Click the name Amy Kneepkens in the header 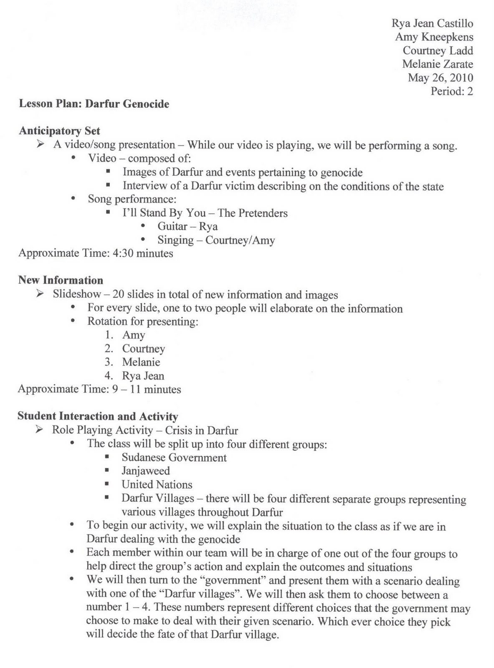click(x=434, y=37)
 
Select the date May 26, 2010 click(x=440, y=78)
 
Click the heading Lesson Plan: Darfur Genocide click(x=94, y=104)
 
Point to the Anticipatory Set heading click(x=59, y=131)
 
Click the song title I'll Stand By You click(x=164, y=213)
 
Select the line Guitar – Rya click(x=187, y=226)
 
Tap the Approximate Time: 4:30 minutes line click(x=96, y=253)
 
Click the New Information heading click(x=61, y=280)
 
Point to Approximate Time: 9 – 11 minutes click(x=99, y=390)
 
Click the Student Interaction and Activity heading click(x=98, y=416)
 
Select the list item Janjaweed click(x=146, y=471)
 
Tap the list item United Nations click(x=157, y=485)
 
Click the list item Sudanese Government click(x=174, y=458)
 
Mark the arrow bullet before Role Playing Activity click(x=40, y=430)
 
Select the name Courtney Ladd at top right click(x=438, y=51)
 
